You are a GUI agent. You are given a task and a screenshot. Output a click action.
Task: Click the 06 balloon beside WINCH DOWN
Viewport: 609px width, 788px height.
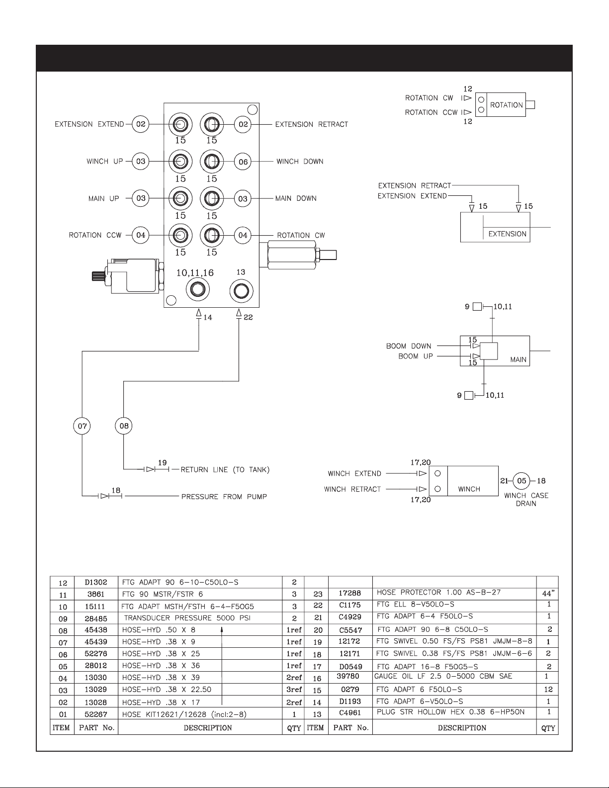[243, 162]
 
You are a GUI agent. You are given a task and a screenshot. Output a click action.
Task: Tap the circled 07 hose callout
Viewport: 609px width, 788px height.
[82, 426]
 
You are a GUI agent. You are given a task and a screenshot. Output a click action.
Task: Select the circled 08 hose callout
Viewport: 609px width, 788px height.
[124, 426]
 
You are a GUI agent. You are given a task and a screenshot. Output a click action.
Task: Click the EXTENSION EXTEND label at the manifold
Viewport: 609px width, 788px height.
[89, 124]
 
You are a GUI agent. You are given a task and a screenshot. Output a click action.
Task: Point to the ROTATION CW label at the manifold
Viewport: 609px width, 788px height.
[301, 235]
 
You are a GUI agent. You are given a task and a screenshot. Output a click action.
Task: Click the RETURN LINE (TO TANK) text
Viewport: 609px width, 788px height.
[225, 470]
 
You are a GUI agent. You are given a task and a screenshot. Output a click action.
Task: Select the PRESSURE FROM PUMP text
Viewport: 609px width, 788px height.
[224, 497]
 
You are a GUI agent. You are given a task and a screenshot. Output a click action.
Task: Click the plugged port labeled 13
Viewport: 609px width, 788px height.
[241, 291]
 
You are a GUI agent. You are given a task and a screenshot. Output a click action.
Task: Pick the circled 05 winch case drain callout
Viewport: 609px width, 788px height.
[522, 481]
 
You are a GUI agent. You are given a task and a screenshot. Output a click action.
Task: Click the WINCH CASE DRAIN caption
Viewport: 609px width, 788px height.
[526, 499]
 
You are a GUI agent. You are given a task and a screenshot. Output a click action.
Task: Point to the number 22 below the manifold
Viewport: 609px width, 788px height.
[248, 317]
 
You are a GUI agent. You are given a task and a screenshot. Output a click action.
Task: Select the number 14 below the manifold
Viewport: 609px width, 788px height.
[208, 317]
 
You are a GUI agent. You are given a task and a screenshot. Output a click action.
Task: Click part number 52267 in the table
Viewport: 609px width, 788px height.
[95, 714]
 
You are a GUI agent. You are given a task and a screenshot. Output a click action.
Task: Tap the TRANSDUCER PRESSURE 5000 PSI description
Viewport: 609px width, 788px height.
[187, 618]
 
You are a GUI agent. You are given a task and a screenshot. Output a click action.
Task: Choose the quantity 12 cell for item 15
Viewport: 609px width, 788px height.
[548, 689]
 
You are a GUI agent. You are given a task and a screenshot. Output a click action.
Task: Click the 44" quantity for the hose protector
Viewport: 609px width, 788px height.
[548, 593]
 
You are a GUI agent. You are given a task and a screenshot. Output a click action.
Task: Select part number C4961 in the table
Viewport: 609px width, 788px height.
[350, 712]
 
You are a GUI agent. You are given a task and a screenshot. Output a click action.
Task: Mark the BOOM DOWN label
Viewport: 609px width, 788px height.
[409, 346]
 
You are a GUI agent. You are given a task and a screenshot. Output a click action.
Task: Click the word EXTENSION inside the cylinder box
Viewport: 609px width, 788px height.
[507, 234]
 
